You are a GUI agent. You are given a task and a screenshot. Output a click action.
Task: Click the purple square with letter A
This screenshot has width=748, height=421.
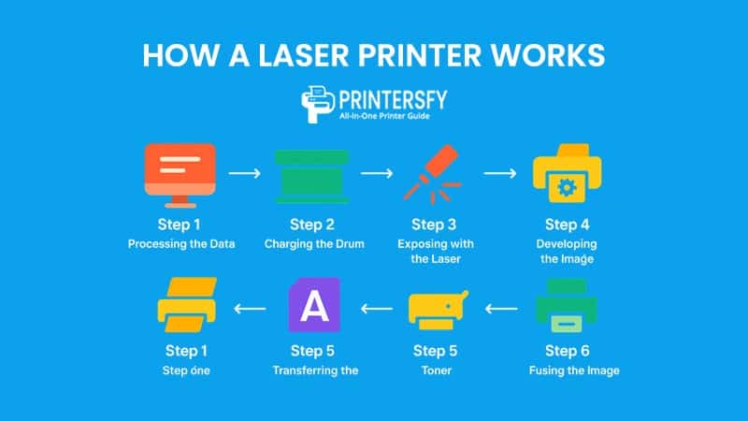click(x=314, y=306)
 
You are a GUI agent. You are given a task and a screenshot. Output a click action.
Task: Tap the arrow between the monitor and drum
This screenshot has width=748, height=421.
click(x=245, y=173)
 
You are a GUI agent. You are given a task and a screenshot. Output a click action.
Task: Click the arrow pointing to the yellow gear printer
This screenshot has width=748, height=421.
click(x=499, y=173)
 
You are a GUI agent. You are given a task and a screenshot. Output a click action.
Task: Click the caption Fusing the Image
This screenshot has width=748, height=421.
click(x=573, y=370)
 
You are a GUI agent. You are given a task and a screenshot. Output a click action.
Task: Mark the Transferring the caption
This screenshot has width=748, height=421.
click(x=316, y=370)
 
